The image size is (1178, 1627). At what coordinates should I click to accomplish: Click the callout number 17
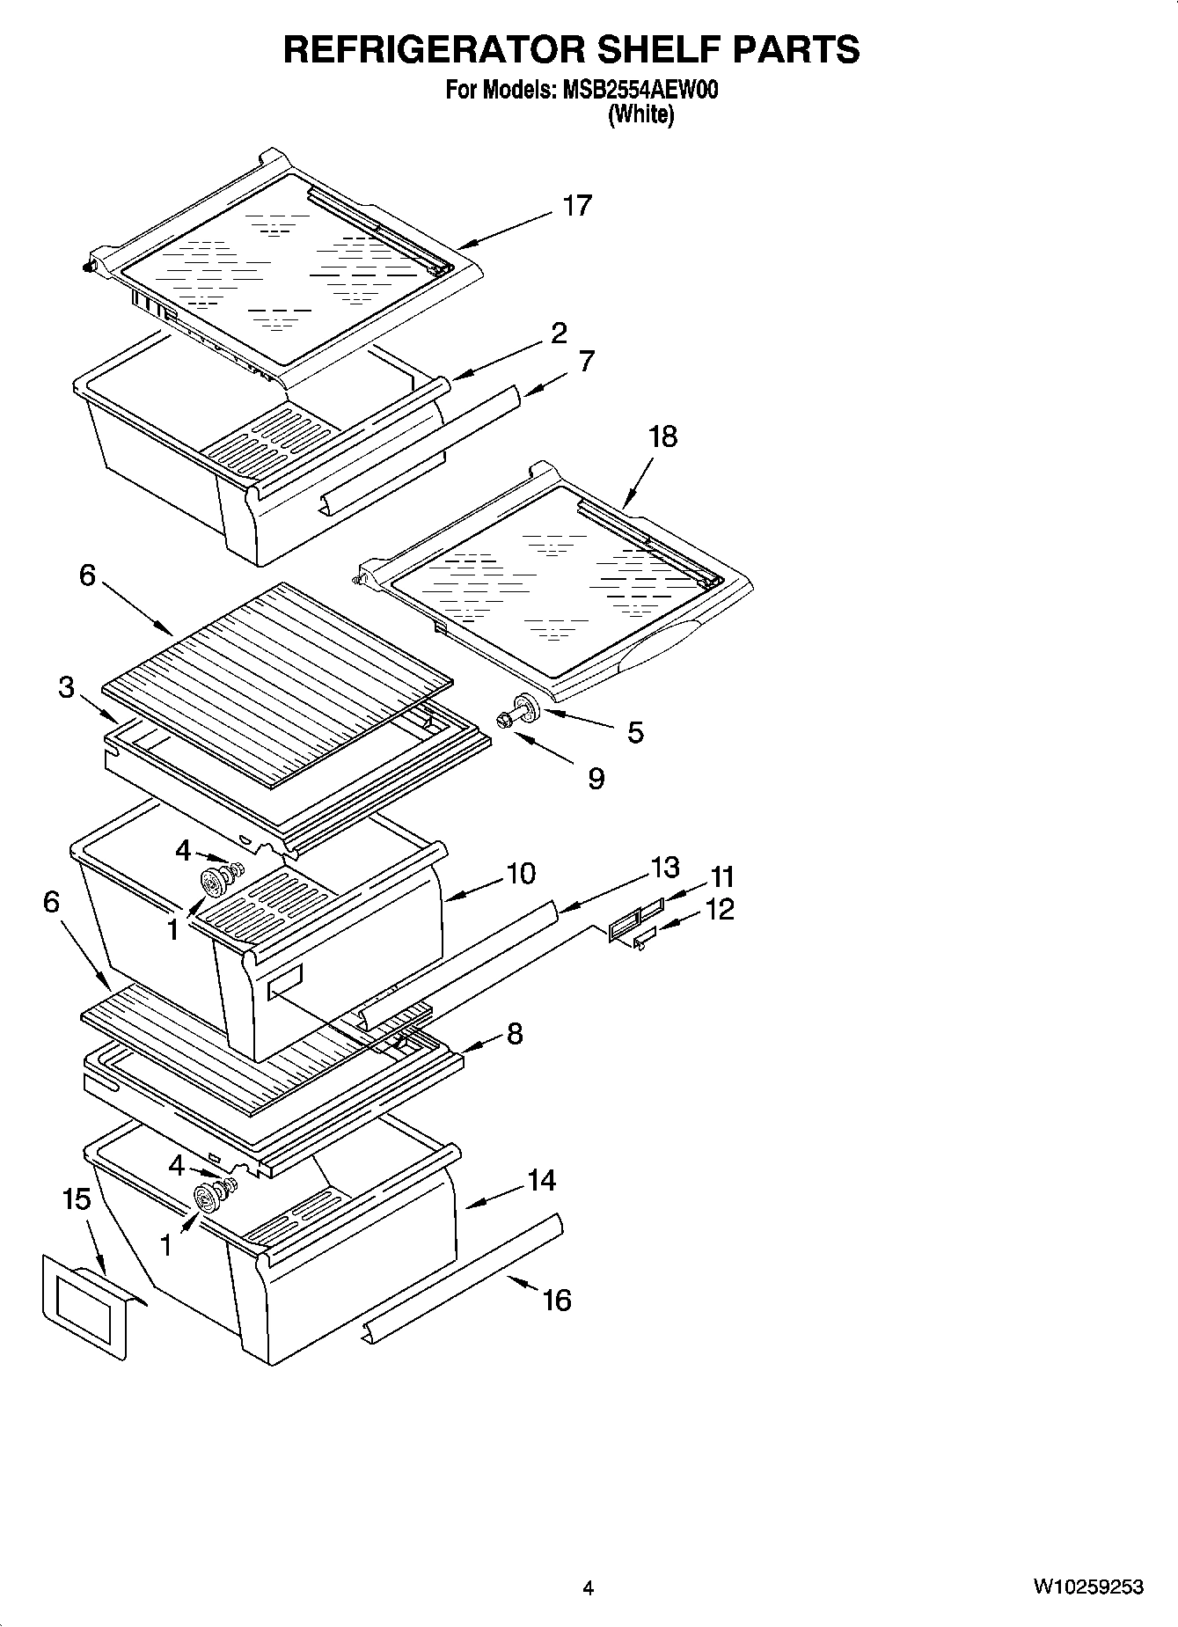(577, 206)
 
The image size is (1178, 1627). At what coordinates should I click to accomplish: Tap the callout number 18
(663, 436)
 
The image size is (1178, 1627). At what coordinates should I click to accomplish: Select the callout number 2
(559, 333)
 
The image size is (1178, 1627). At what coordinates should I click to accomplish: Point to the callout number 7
(587, 361)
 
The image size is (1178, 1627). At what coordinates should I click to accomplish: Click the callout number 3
(67, 687)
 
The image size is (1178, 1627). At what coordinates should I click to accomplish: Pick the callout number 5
(635, 732)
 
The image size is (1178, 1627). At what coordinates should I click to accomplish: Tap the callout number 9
(596, 778)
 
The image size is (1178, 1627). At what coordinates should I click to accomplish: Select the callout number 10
(520, 874)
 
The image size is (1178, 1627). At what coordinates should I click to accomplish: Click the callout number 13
(665, 868)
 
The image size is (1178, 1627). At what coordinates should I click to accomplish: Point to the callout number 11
(721, 877)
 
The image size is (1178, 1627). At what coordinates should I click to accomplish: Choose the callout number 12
(719, 909)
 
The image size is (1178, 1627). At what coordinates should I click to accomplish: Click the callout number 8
(514, 1033)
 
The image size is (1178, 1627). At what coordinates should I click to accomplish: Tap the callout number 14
(541, 1180)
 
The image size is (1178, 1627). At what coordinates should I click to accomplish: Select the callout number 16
(556, 1300)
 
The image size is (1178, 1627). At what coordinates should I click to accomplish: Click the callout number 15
(77, 1198)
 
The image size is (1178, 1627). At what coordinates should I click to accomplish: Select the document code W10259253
(1087, 1587)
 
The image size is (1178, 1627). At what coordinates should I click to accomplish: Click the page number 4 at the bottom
(588, 1588)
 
